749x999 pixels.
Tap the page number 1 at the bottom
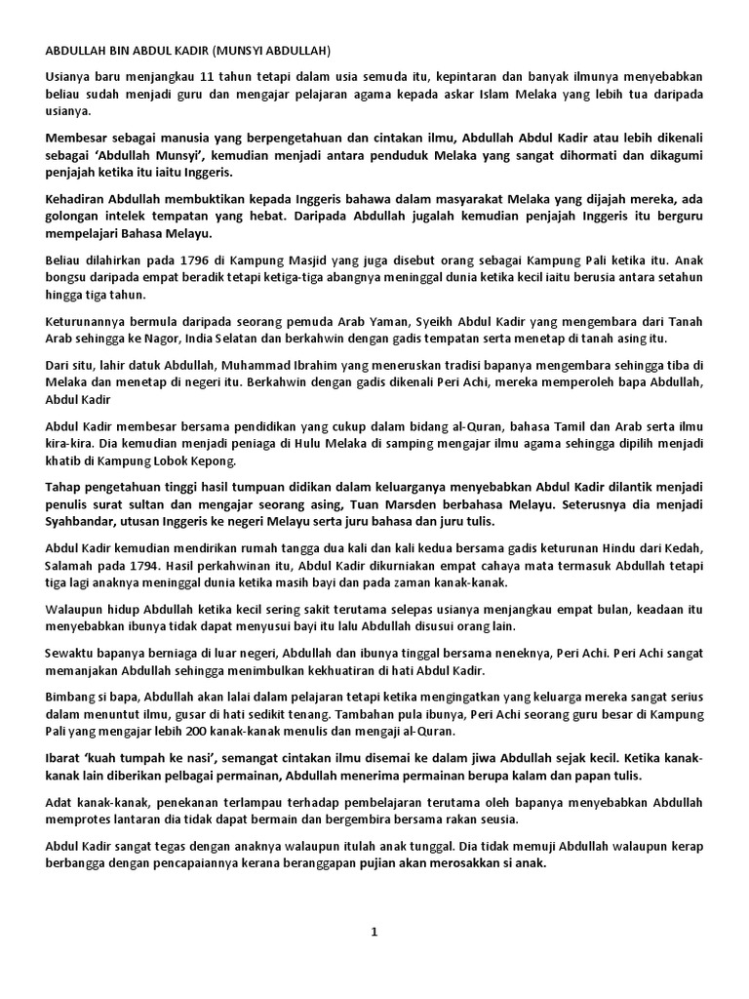click(374, 932)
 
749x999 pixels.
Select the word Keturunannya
click(89, 321)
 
